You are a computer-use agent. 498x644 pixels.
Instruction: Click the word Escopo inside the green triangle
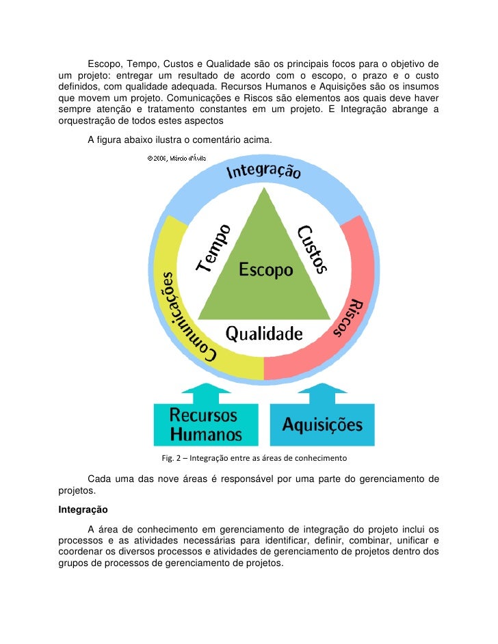265,270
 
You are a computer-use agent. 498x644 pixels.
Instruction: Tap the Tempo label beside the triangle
214,248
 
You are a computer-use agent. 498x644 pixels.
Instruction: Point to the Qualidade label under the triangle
264,334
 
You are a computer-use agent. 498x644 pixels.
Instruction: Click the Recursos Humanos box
205,424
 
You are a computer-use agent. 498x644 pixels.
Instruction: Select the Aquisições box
323,425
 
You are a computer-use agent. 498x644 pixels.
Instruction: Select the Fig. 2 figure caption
254,457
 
